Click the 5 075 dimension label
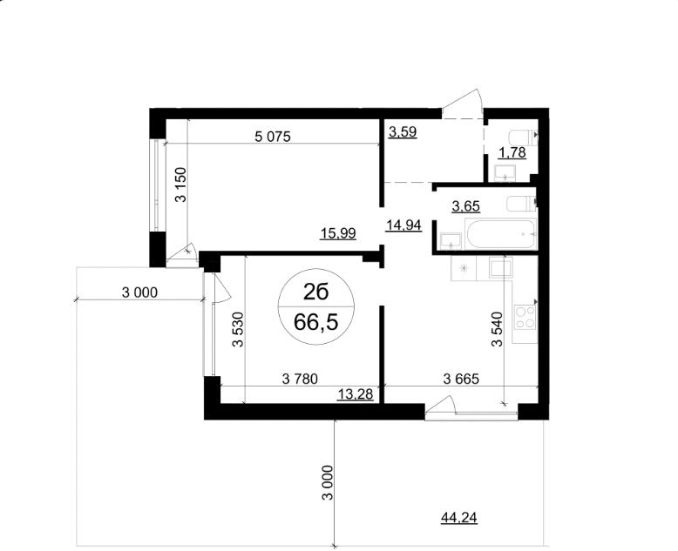click(x=271, y=136)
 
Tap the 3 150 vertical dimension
click(x=181, y=185)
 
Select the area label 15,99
click(x=338, y=232)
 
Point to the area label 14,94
click(x=403, y=225)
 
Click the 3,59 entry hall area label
click(x=403, y=133)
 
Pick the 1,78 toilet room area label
click(x=512, y=154)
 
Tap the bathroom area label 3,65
click(x=464, y=206)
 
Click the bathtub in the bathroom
click(x=500, y=235)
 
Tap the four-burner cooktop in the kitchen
click(x=525, y=317)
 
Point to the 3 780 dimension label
click(x=300, y=378)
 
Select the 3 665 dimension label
click(x=462, y=378)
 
